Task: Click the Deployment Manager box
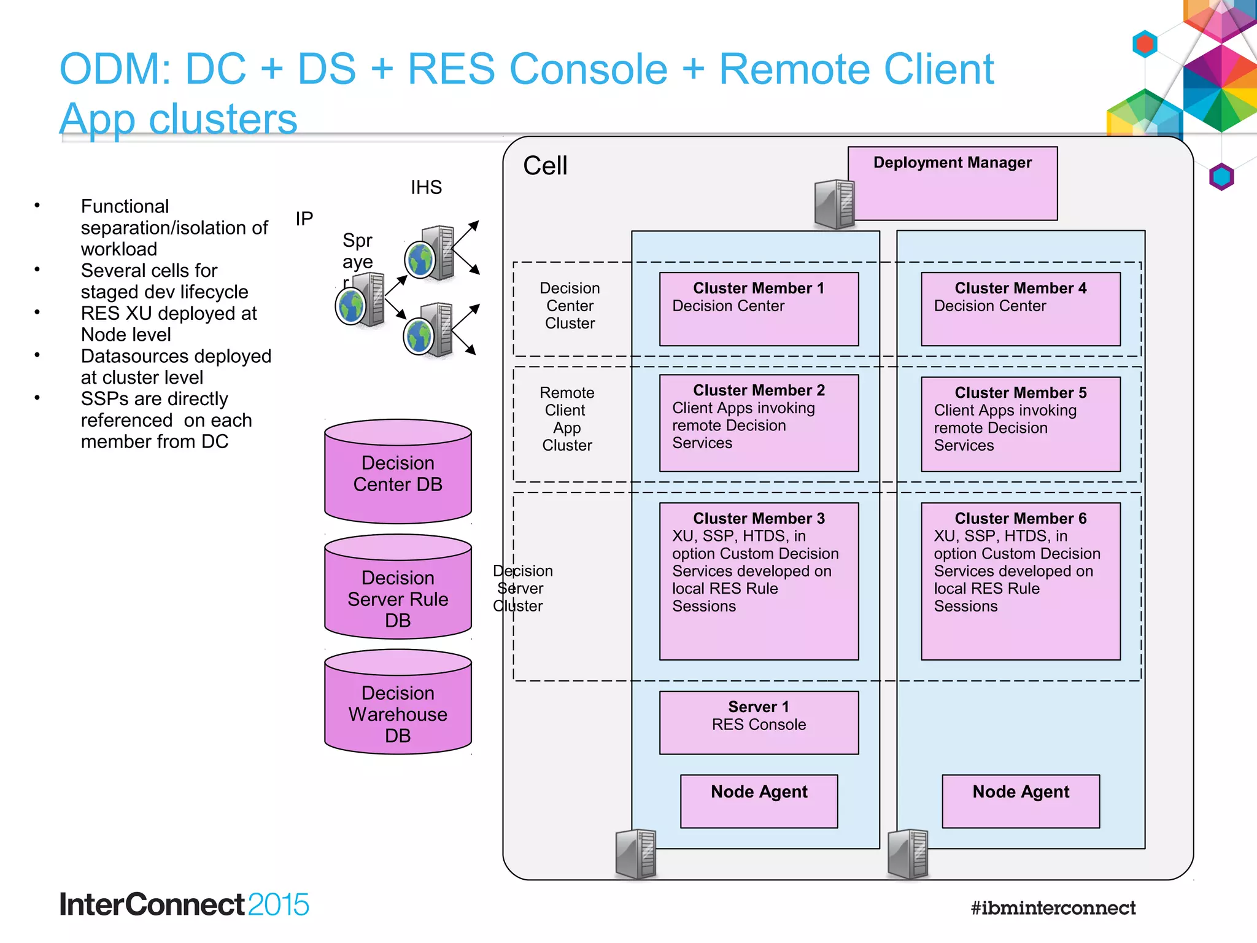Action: point(953,183)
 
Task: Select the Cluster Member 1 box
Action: point(759,309)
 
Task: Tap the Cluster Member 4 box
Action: point(1020,309)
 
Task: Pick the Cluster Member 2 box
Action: point(759,423)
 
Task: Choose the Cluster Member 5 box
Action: point(1020,424)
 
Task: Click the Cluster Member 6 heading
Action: point(1020,518)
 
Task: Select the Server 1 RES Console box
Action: point(759,722)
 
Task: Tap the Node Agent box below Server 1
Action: point(759,801)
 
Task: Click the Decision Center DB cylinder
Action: point(398,473)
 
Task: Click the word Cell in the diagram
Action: point(545,166)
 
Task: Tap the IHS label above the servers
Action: point(426,187)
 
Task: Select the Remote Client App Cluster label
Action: point(567,419)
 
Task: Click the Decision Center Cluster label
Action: point(570,306)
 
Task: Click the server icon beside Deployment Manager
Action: point(834,204)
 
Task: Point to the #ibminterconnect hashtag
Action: point(1053,907)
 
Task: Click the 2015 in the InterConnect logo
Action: point(279,905)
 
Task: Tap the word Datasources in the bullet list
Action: point(132,356)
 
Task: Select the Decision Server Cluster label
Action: point(522,588)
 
